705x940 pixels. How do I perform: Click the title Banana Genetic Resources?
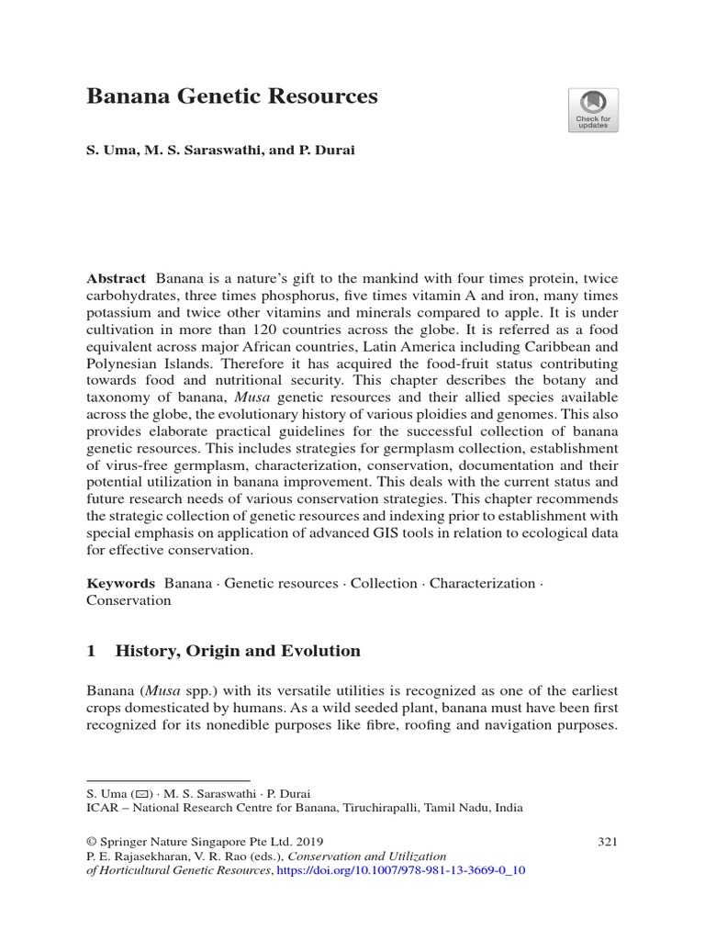tap(231, 97)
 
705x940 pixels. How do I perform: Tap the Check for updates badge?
tap(592, 110)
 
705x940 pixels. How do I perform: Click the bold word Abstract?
tap(116, 278)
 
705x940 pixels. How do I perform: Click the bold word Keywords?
tap(120, 583)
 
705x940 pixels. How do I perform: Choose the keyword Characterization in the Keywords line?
tap(482, 583)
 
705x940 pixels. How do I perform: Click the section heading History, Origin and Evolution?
tap(238, 651)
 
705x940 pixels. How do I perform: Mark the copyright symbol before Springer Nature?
tap(92, 841)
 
